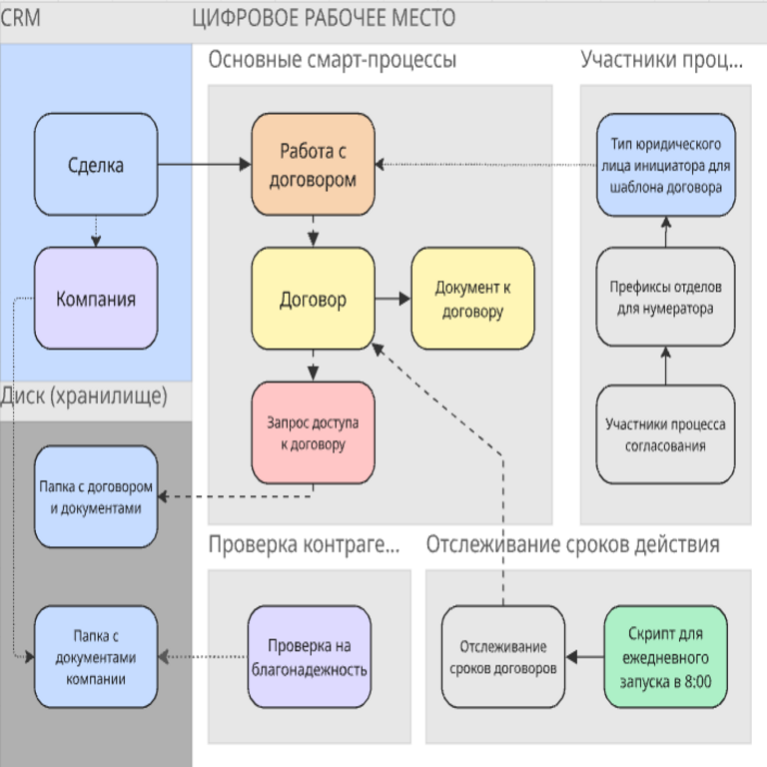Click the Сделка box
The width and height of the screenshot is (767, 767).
[x=96, y=165]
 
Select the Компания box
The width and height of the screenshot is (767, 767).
[x=96, y=299]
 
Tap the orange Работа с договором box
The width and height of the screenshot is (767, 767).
[x=313, y=165]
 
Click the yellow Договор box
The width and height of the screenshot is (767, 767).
[x=313, y=299]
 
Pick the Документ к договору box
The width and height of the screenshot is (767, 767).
[x=472, y=299]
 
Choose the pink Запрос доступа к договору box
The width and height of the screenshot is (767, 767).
[x=313, y=433]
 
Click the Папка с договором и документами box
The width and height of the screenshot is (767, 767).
[x=96, y=496]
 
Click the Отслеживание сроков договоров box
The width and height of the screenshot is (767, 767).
[x=502, y=657]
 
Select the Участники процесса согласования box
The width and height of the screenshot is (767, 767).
[x=665, y=434]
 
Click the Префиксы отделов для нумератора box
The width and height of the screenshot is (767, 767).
[x=665, y=299]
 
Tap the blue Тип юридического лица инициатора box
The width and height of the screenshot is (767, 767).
[x=665, y=165]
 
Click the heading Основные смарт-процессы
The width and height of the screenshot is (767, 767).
[x=333, y=61]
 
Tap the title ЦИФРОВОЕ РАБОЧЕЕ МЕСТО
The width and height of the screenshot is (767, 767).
[x=323, y=18]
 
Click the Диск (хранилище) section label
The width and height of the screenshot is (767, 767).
[x=84, y=396]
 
